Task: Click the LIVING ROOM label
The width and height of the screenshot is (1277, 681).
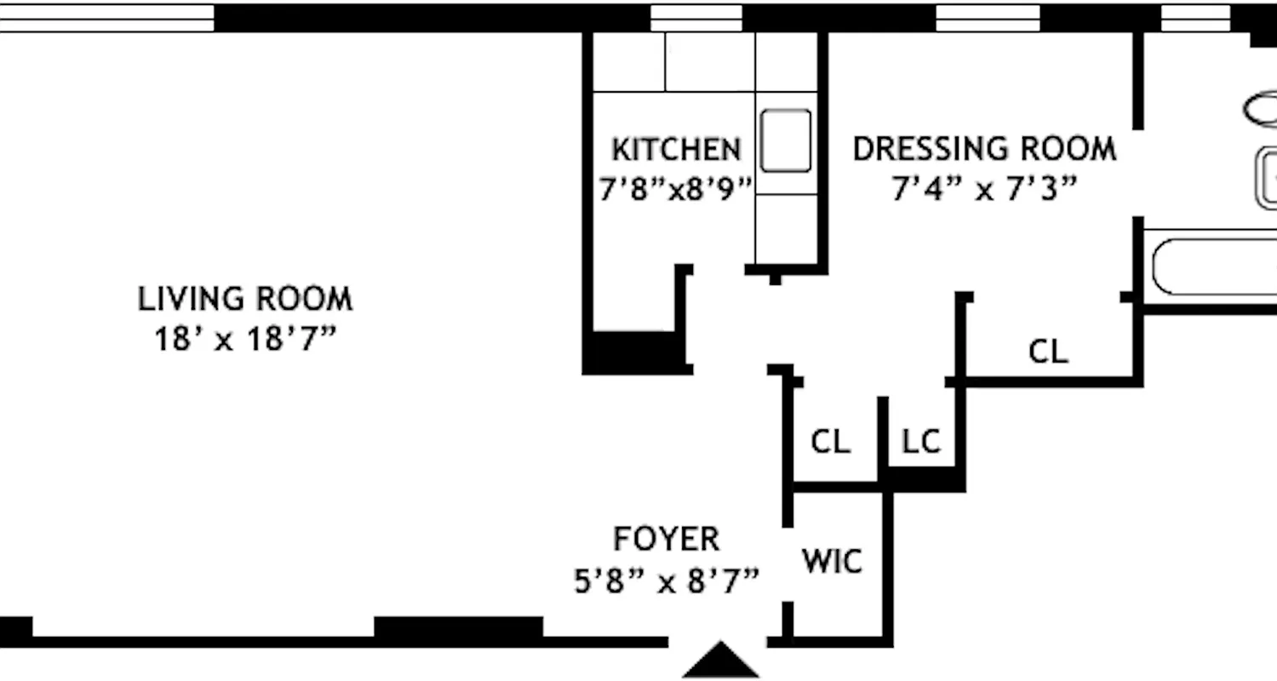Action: point(245,300)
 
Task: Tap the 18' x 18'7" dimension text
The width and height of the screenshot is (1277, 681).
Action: point(245,340)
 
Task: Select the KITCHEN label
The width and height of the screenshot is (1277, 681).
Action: point(676,150)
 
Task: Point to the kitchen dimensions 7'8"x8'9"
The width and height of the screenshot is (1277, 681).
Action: point(676,189)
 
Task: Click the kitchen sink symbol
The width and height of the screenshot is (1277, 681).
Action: point(785,140)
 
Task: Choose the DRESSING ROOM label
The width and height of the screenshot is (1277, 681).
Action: point(984,149)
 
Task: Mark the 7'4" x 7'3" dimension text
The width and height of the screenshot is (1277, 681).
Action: point(984,188)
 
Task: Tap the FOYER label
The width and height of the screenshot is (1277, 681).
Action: point(666,539)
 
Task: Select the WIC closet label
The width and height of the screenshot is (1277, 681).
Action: point(832,562)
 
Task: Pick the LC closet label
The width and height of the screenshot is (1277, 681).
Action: point(920,442)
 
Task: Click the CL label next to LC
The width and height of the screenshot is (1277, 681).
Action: point(830,442)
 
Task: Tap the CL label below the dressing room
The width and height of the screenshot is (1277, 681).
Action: point(1048,351)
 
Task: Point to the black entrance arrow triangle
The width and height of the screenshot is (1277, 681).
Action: point(721,661)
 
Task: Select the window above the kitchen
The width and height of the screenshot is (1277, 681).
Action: point(696,18)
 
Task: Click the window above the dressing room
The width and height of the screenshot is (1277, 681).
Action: point(988,18)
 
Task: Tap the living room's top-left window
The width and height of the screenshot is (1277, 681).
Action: point(106,18)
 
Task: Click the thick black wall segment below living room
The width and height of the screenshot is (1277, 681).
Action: point(458,628)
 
